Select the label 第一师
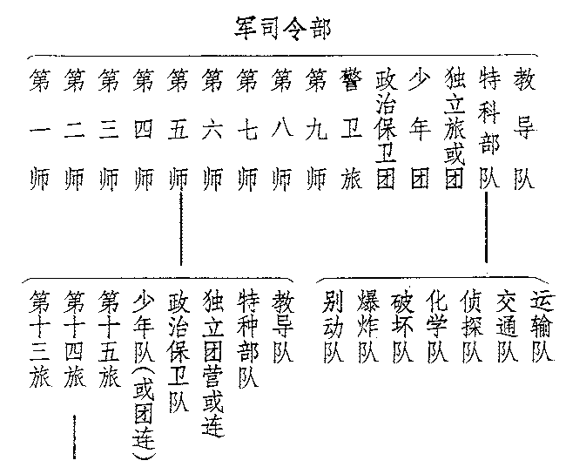click(x=39, y=130)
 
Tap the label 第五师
click(x=179, y=130)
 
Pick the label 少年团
click(x=420, y=130)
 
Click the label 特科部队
click(x=488, y=130)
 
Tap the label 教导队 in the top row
click(x=522, y=130)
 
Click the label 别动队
click(x=332, y=328)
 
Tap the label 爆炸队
click(x=367, y=328)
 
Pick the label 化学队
click(x=437, y=328)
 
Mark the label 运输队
click(x=542, y=328)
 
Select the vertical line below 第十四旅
click(x=75, y=436)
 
